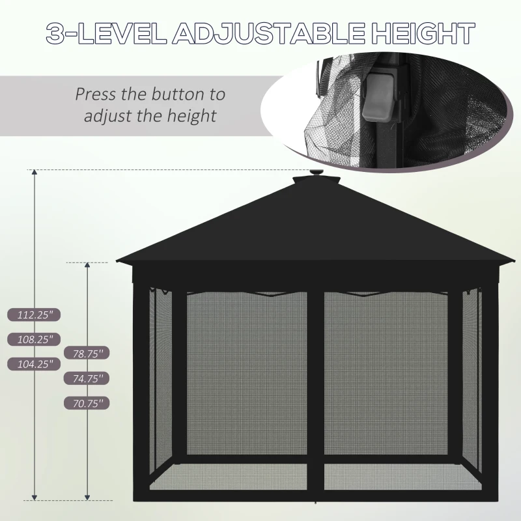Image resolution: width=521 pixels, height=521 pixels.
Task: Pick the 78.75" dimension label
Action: click(x=87, y=353)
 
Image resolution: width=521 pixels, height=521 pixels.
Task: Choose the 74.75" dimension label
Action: click(x=87, y=378)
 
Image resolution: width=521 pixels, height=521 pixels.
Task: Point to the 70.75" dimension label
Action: click(x=87, y=403)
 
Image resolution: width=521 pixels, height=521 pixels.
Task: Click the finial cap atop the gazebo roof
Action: click(x=317, y=175)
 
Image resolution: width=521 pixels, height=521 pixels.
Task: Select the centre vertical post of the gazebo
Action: click(x=316, y=391)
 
